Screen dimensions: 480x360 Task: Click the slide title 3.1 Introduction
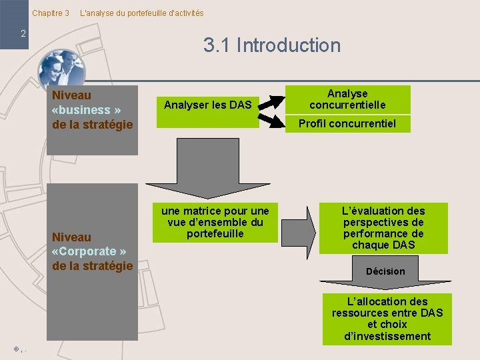(x=272, y=45)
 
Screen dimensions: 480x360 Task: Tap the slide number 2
(x=23, y=33)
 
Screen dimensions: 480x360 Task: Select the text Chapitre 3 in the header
(x=51, y=13)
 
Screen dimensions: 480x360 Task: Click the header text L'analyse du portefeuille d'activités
(x=142, y=13)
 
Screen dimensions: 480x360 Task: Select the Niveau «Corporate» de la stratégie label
(x=92, y=251)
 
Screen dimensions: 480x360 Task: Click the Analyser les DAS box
(x=208, y=105)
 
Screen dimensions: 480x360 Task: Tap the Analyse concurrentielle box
(x=347, y=99)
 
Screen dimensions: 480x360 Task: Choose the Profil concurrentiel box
(x=347, y=123)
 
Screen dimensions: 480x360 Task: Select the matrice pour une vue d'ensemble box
(x=215, y=222)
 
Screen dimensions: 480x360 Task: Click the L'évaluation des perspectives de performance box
(x=383, y=228)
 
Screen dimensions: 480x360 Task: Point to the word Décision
(x=385, y=271)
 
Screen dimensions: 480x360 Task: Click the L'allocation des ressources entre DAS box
(x=387, y=319)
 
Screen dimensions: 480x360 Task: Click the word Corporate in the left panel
(x=87, y=251)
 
